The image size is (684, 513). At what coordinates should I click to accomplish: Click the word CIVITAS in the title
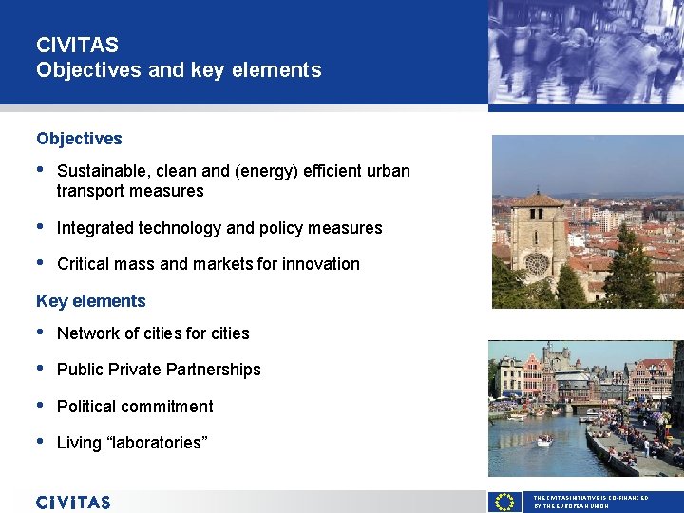point(77,45)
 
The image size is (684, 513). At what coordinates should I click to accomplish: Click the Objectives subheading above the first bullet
point(79,139)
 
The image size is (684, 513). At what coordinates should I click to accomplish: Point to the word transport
point(92,191)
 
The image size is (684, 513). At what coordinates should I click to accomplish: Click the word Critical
point(83,264)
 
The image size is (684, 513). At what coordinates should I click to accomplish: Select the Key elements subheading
point(91,301)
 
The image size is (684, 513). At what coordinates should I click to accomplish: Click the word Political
point(86,407)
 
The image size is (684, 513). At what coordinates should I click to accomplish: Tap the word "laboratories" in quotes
point(157,443)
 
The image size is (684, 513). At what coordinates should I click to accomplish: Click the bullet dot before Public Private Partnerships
point(40,369)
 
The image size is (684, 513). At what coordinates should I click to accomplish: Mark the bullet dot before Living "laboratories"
point(40,442)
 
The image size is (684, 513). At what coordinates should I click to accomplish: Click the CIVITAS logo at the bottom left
point(73,502)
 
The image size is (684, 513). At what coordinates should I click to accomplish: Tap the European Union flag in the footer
point(504,502)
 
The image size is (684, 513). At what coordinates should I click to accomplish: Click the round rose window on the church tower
point(537,262)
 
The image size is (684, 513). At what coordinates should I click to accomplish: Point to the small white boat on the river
point(544,440)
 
